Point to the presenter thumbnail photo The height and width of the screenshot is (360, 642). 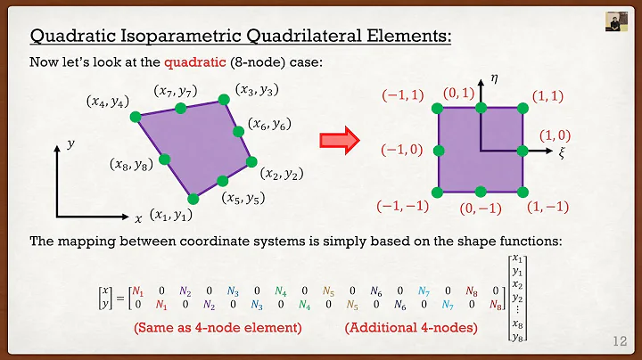tap(614, 22)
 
